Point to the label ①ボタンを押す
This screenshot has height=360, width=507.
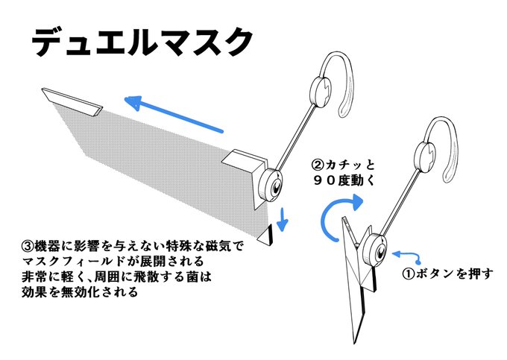448,273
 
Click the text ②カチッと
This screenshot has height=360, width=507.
340,162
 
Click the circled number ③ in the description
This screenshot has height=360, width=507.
28,245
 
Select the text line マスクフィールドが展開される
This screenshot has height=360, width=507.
113,263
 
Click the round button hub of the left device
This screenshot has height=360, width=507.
271,183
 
